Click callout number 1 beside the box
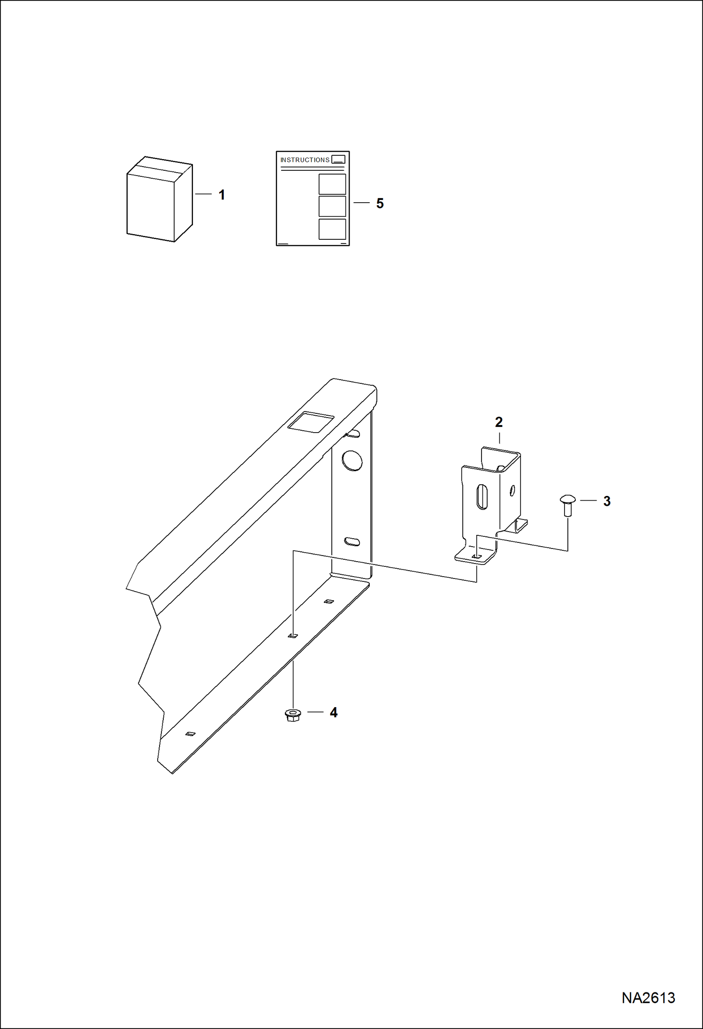pos(222,195)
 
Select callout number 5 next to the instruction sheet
pos(380,203)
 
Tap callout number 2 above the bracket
pos(499,422)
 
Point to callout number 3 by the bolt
pos(607,501)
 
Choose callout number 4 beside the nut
pos(334,712)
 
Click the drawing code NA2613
pos(648,998)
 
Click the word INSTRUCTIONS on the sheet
pos(305,160)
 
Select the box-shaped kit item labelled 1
pos(160,199)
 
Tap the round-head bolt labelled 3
pos(568,505)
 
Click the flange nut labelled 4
pos(293,715)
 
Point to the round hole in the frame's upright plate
pos(352,460)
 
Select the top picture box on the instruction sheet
pos(332,184)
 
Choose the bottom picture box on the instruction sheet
pos(332,229)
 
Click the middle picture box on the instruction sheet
pos(332,206)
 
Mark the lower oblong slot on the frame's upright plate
pos(352,541)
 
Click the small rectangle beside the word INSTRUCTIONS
pos(338,160)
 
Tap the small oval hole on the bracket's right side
pos(512,491)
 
